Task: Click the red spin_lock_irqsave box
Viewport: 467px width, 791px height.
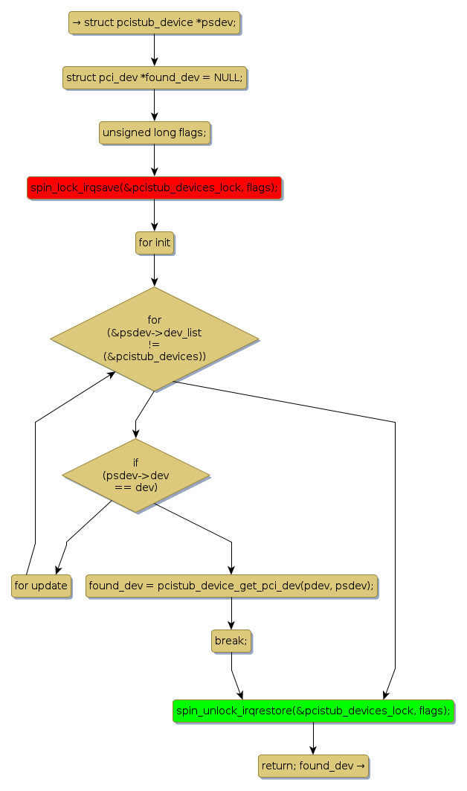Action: point(154,188)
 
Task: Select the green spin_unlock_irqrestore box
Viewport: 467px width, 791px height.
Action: point(313,711)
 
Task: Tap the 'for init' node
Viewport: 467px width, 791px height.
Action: point(154,243)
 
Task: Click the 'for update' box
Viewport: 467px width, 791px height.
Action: point(41,586)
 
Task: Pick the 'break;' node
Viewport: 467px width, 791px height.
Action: point(231,641)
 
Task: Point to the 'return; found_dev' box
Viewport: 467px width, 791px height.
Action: point(313,766)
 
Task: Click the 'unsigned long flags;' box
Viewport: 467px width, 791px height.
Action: point(154,133)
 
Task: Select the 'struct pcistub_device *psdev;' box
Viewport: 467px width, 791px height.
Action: point(154,23)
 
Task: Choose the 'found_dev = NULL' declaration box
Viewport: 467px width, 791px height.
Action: point(154,78)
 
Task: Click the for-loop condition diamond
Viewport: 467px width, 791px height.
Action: point(154,339)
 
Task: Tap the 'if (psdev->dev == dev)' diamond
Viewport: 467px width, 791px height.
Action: point(135,475)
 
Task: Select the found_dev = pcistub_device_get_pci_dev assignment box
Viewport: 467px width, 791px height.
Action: point(231,586)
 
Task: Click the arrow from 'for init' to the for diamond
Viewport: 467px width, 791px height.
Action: point(154,270)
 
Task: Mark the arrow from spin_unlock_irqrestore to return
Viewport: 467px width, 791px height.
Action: point(313,738)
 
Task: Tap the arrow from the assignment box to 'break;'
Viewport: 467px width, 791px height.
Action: point(231,613)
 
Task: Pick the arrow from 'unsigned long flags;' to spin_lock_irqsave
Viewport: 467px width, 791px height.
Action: point(154,161)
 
